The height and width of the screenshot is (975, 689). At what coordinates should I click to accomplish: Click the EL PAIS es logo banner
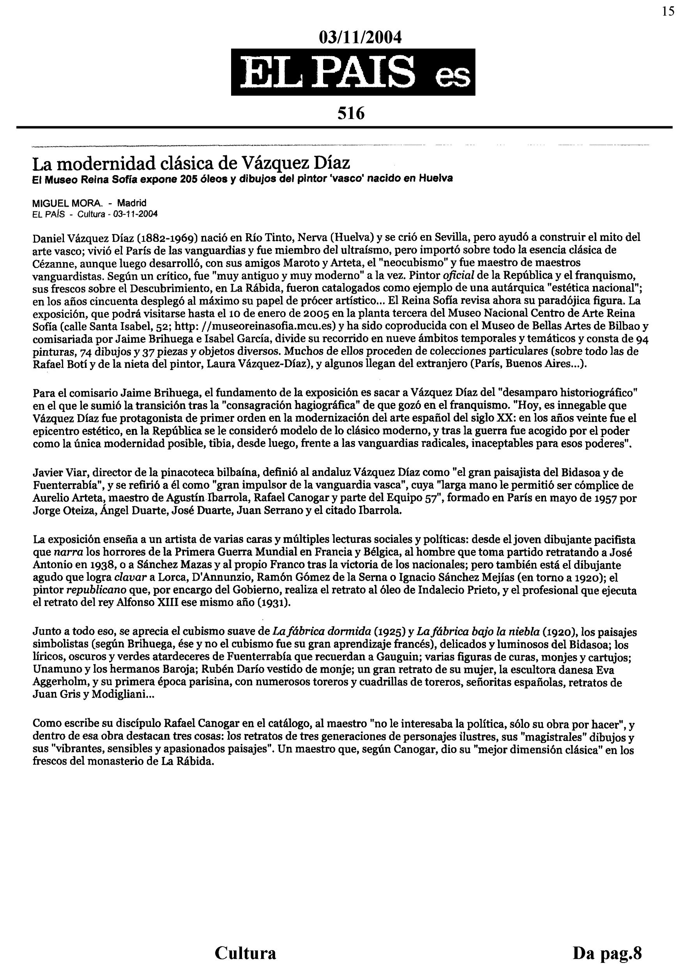pyautogui.click(x=353, y=72)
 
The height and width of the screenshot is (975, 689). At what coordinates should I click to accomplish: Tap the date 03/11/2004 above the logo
pyautogui.click(x=360, y=37)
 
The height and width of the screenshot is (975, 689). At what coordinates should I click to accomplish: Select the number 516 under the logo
pyautogui.click(x=351, y=113)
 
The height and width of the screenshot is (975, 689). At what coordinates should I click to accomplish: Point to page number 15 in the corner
pyautogui.click(x=668, y=11)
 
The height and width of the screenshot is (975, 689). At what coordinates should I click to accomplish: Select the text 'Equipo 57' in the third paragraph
pyautogui.click(x=415, y=498)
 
